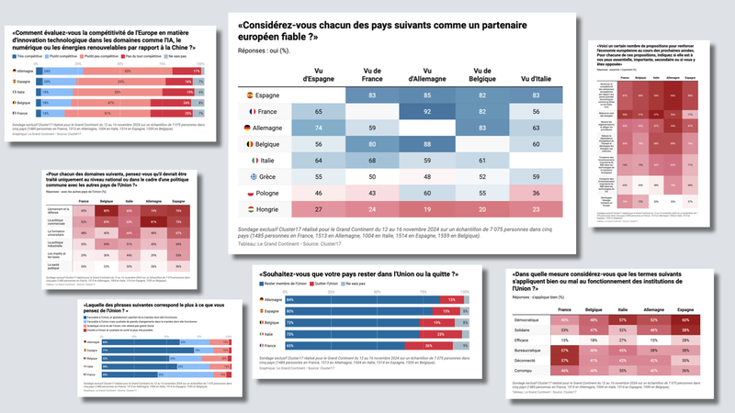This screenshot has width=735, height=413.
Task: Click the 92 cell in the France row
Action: click(425, 111)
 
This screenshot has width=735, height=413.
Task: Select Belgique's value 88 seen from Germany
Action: click(425, 144)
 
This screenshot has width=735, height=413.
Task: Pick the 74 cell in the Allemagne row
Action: click(318, 128)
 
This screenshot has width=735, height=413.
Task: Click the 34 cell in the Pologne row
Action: click(535, 194)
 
